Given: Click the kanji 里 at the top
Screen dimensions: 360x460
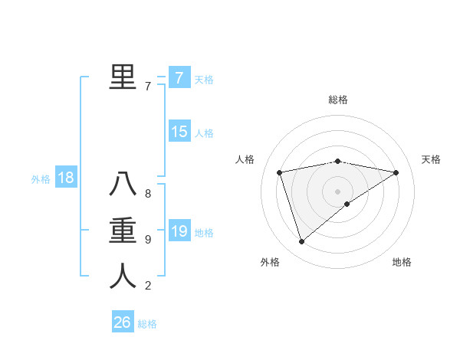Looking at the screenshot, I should click(123, 77).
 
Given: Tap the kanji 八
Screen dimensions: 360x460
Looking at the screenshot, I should click(123, 185).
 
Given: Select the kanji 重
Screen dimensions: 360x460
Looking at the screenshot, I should click(123, 231).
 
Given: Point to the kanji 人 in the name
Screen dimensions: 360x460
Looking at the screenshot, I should click(123, 276).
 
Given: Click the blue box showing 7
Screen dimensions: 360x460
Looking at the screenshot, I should click(179, 77).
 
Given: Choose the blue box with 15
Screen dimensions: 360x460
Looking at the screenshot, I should click(179, 132).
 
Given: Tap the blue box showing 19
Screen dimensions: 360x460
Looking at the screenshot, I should click(179, 231).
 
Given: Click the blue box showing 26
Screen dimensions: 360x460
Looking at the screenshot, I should click(122, 322).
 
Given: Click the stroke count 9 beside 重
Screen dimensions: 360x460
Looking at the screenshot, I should click(148, 240).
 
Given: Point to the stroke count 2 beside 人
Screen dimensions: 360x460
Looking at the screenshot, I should click(148, 286).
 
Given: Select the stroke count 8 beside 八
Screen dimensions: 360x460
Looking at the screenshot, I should click(148, 194).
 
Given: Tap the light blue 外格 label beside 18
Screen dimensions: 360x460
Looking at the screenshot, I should click(41, 179).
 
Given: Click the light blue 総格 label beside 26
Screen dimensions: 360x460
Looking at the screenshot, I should click(147, 324).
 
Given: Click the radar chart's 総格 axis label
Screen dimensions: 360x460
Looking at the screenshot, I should click(338, 100).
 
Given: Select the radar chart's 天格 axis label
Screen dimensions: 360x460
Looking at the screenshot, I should click(431, 159).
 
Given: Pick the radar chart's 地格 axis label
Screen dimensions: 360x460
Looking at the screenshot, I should click(402, 262).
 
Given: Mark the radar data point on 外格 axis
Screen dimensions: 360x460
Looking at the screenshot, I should click(301, 242).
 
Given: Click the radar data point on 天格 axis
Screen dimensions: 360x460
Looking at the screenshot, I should click(396, 172).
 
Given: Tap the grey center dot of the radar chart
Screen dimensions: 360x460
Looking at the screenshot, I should click(338, 191).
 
